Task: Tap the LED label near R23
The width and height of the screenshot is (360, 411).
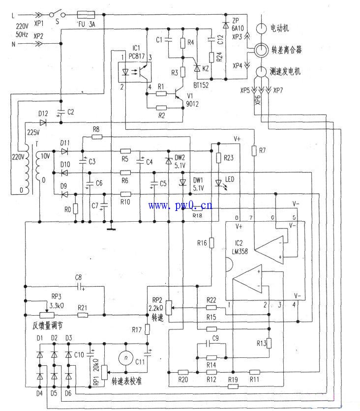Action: (x=229, y=180)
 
